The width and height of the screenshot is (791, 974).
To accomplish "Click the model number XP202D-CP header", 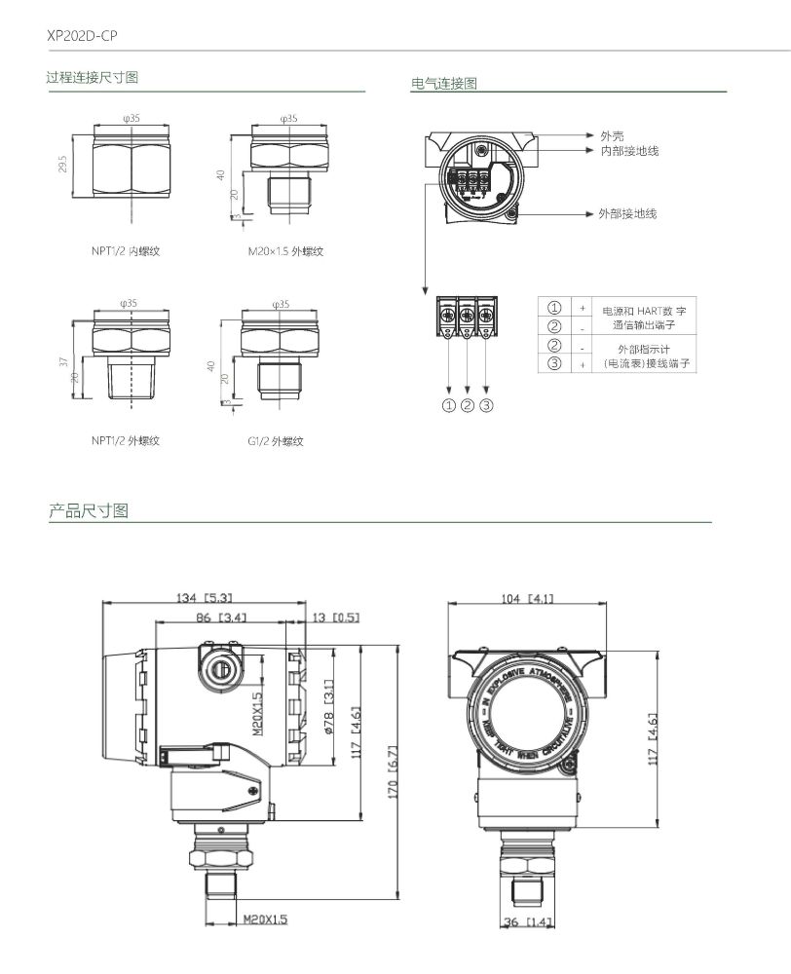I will pyautogui.click(x=82, y=35).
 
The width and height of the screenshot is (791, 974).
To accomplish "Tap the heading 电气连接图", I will pyautogui.click(x=444, y=84).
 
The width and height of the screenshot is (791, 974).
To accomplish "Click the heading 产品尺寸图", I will pyautogui.click(x=89, y=510).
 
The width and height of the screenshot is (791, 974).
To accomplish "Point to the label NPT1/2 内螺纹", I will pyautogui.click(x=125, y=250).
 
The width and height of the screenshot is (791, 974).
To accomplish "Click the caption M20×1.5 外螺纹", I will pyautogui.click(x=285, y=251).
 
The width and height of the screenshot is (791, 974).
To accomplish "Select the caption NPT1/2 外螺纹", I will pyautogui.click(x=125, y=440).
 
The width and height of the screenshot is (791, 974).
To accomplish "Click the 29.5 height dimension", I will pyautogui.click(x=63, y=164).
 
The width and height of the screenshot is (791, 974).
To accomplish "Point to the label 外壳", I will pyautogui.click(x=612, y=135).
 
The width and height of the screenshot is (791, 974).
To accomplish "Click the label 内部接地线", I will pyautogui.click(x=629, y=150).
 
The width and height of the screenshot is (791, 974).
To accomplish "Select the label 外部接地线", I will pyautogui.click(x=627, y=213).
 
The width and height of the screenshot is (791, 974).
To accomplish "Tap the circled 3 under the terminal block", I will pyautogui.click(x=486, y=405).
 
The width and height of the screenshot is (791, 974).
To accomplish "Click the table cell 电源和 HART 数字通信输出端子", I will pyautogui.click(x=644, y=318).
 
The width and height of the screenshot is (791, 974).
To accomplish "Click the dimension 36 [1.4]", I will pyautogui.click(x=527, y=921).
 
